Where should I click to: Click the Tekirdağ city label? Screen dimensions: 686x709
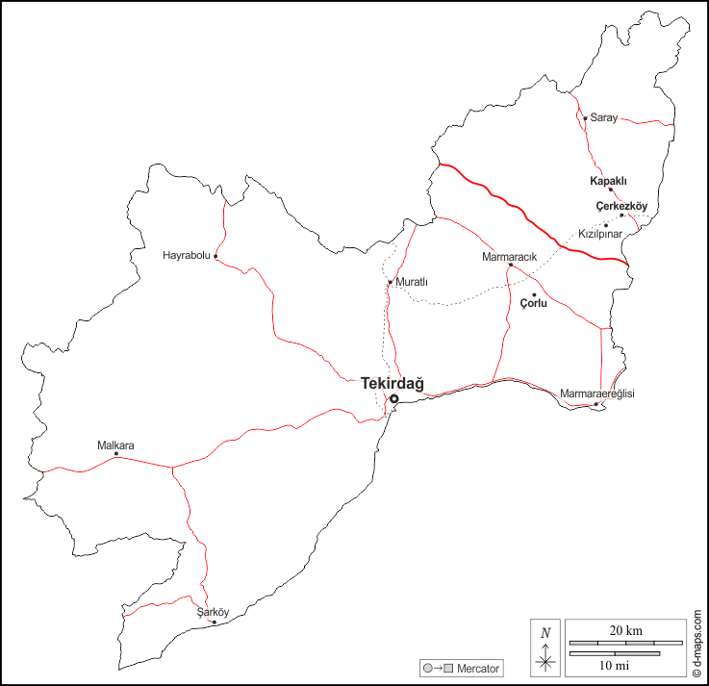(392, 384)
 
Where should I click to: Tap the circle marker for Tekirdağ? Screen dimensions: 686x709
(393, 398)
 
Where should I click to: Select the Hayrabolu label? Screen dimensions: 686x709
(187, 255)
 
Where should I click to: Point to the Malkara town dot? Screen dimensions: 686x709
(116, 454)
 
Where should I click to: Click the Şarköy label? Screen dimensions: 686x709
(213, 612)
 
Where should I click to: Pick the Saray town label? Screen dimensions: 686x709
(604, 117)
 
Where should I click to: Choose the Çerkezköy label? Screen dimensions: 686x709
(621, 206)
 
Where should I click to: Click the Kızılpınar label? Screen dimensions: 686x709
(601, 234)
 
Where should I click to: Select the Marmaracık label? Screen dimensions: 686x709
(509, 257)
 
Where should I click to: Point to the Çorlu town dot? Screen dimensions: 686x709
(534, 294)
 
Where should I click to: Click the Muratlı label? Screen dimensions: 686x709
(412, 282)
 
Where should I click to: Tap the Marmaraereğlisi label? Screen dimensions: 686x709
(597, 394)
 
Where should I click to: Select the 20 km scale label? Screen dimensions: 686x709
(626, 631)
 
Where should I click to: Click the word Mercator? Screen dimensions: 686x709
(479, 668)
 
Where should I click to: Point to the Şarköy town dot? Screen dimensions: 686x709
(214, 622)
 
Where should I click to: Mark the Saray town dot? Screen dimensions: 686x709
(585, 118)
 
